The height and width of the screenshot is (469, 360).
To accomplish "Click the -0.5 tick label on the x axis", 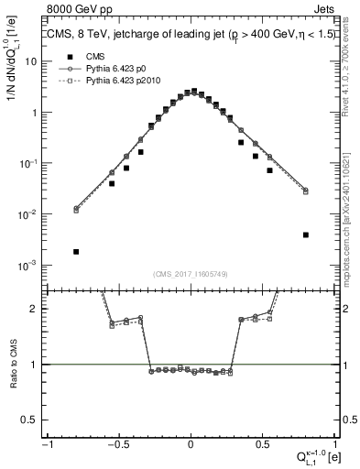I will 117,444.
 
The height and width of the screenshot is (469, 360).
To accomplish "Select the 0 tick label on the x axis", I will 191,444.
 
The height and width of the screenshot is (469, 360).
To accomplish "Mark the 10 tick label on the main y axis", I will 32,61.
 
